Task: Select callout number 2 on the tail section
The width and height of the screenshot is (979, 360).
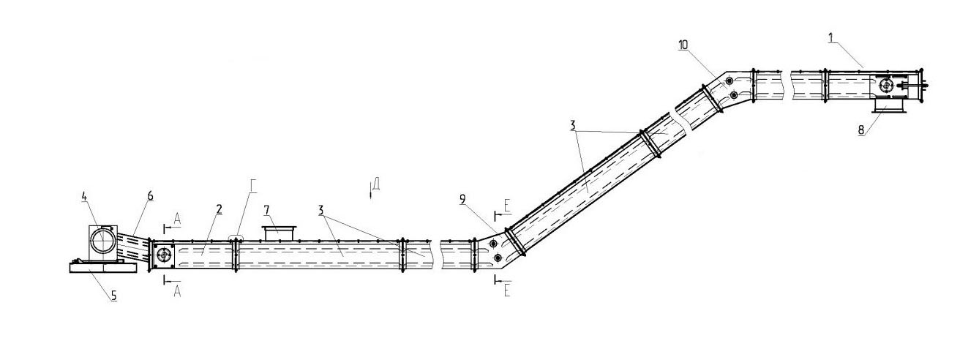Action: [219, 209]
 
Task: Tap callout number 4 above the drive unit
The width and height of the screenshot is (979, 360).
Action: [84, 197]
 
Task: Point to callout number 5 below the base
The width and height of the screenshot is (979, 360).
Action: [113, 296]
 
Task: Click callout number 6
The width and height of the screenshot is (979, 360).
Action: [150, 195]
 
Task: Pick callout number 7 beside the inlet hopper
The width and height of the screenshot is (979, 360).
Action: [266, 211]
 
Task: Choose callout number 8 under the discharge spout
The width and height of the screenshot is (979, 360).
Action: [861, 130]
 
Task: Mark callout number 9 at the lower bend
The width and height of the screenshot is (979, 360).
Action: [463, 199]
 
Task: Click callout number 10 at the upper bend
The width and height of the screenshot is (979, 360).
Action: [683, 45]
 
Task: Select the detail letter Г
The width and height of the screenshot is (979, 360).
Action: [254, 187]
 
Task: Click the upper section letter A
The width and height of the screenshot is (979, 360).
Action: [177, 219]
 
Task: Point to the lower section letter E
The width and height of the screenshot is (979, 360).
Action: [507, 290]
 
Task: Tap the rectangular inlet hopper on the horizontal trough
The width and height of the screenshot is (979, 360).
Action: [278, 233]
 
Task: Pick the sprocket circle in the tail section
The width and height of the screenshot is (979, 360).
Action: [164, 255]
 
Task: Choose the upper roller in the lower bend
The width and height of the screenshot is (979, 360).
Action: [493, 244]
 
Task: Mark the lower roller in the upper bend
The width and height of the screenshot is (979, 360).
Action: [734, 95]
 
